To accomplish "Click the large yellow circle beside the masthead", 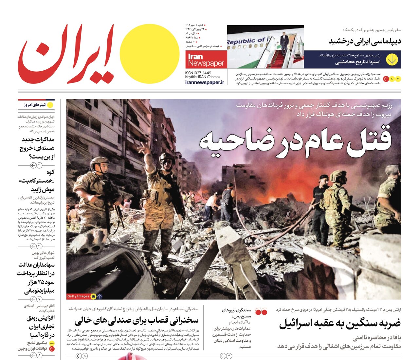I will pos(149,54).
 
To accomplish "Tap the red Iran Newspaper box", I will pos(206,60).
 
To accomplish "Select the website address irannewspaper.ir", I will pos(205,82).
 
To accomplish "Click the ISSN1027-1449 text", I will pos(198,73).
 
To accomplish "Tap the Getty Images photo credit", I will pos(78,296).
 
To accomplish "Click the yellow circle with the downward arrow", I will pos(392,60).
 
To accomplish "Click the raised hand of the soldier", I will pos(142,148).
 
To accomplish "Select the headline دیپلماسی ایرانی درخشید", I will pos(365,41).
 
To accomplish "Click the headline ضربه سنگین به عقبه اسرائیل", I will pos(339,323).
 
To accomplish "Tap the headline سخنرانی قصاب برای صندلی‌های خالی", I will pos(136,320).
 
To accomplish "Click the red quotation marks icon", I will pos(261,312).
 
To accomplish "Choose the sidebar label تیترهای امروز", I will pos(35,105).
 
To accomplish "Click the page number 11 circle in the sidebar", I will pos(39,246).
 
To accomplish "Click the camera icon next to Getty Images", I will pos(93,296).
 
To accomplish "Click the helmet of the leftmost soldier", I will pos(99,161).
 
